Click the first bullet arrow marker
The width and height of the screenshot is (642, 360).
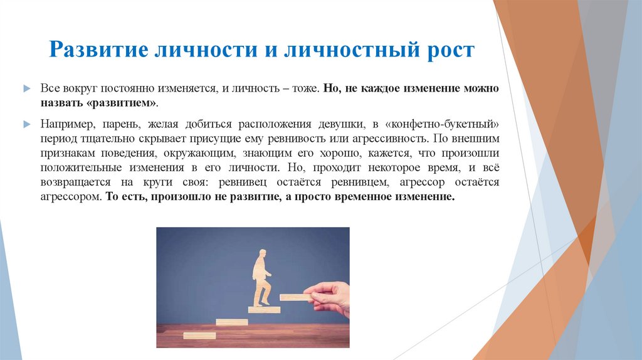coord(26,88)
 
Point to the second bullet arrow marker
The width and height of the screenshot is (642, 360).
coord(26,121)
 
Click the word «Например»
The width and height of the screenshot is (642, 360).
coord(65,121)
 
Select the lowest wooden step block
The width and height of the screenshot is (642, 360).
coord(199,336)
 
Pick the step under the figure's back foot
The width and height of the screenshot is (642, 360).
coord(263,309)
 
